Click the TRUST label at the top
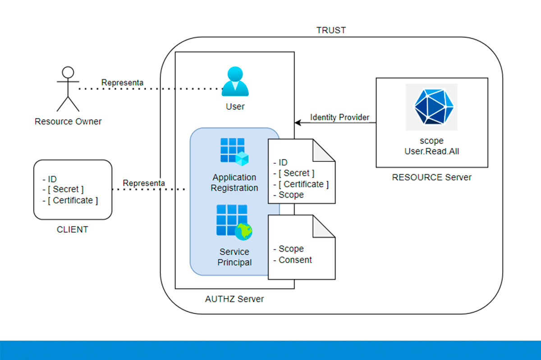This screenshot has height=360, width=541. (331, 30)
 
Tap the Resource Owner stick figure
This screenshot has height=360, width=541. (68, 89)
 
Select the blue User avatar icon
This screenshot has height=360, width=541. (235, 82)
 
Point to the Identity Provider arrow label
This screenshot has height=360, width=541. (339, 118)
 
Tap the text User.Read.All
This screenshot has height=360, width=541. (431, 152)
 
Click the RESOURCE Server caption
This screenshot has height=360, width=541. (431, 177)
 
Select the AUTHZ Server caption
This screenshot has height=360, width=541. (234, 299)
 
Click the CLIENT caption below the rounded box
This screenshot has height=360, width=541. (72, 230)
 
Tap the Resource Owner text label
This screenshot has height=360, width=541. (68, 122)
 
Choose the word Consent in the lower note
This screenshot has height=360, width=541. (295, 260)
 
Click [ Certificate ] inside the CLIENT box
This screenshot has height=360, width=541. (73, 200)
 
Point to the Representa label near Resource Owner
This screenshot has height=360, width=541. (122, 83)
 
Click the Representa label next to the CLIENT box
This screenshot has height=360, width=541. (144, 183)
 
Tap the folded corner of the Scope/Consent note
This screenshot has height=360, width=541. (324, 226)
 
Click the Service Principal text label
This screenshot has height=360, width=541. (234, 257)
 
